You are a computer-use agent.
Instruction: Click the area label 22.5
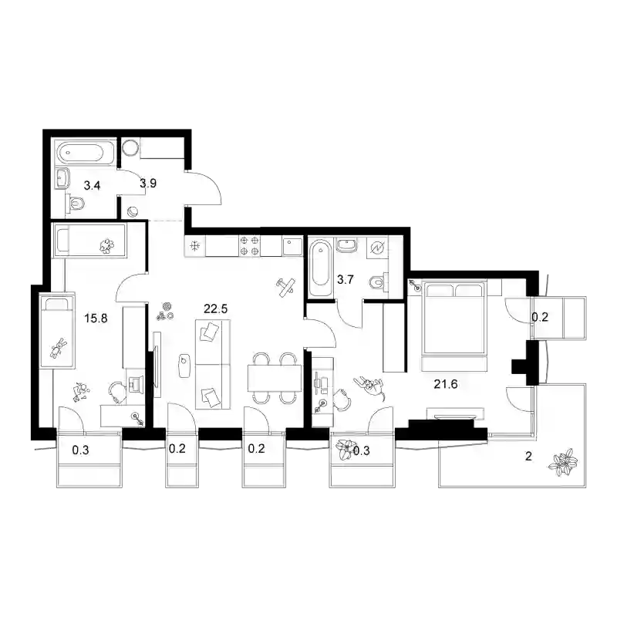pyautogui.click(x=216, y=309)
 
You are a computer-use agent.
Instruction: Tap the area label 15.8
pyautogui.click(x=96, y=318)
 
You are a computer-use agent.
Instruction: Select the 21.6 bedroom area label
pyautogui.click(x=446, y=383)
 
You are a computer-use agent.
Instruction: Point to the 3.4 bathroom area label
pyautogui.click(x=92, y=185)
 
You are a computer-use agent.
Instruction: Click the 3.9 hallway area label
pyautogui.click(x=148, y=183)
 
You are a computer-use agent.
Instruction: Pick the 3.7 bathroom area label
pyautogui.click(x=345, y=280)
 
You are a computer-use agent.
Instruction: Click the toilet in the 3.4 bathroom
pyautogui.click(x=76, y=204)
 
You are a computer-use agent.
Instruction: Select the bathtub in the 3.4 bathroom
pyautogui.click(x=86, y=153)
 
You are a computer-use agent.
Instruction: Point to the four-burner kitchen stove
pyautogui.click(x=249, y=246)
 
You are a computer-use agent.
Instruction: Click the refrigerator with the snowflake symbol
pyautogui.click(x=195, y=246)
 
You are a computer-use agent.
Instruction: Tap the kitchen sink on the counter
pyautogui.click(x=292, y=246)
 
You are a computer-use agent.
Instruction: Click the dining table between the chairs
pyautogui.click(x=275, y=378)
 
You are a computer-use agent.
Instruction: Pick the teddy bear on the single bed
pyautogui.click(x=59, y=348)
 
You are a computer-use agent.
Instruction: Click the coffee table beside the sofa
pyautogui.click(x=184, y=366)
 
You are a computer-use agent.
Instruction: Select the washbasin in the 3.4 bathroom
pyautogui.click(x=63, y=178)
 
